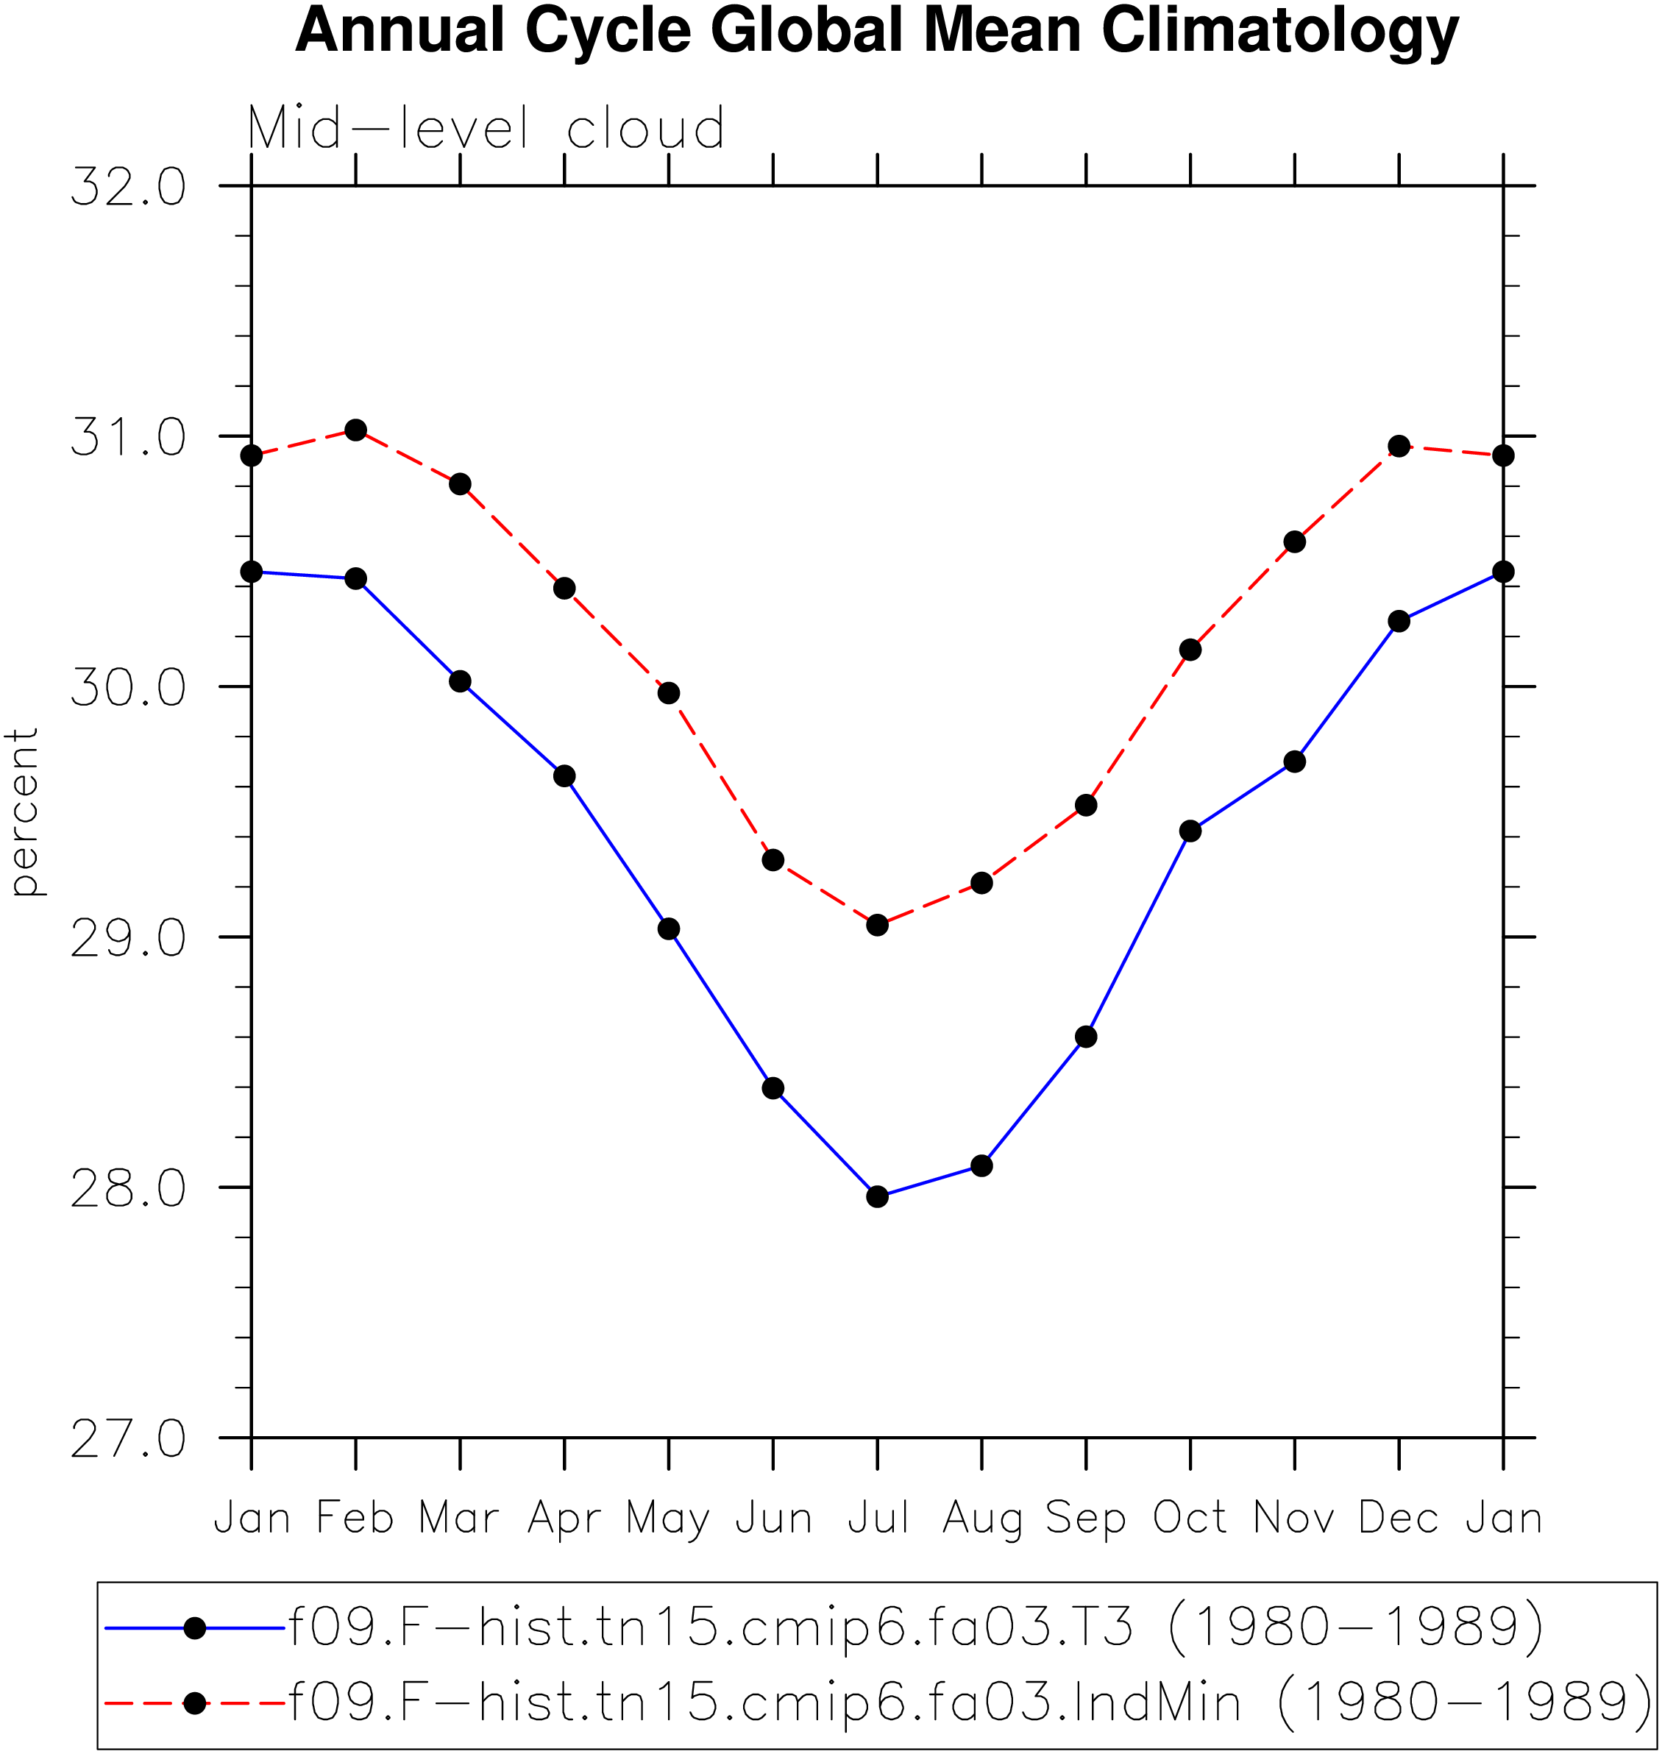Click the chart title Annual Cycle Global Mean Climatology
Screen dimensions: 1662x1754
tap(876, 32)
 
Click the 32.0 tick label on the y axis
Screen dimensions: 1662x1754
tap(129, 187)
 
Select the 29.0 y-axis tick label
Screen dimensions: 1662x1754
tap(129, 937)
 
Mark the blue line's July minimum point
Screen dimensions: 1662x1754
tap(877, 1197)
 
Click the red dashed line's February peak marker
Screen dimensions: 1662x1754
tap(355, 430)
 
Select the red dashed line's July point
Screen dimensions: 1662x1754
tap(877, 925)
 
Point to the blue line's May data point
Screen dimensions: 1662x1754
tap(669, 929)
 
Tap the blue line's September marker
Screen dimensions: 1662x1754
tap(1086, 1037)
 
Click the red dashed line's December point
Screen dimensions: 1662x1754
tap(1399, 447)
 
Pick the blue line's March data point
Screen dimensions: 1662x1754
tap(460, 681)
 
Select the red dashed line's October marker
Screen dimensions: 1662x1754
tap(1190, 650)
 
